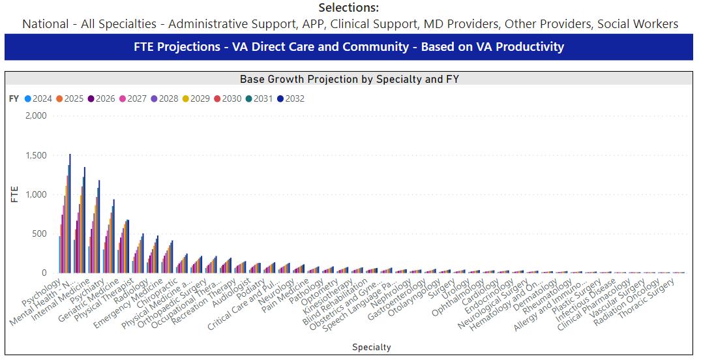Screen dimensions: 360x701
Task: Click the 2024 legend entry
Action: (x=38, y=99)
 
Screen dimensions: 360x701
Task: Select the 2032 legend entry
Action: (x=290, y=99)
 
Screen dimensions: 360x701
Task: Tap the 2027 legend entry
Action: (x=133, y=99)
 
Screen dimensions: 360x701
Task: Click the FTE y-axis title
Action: (x=14, y=194)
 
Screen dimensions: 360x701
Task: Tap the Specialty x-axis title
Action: (x=371, y=347)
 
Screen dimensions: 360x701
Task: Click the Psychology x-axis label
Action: (x=44, y=293)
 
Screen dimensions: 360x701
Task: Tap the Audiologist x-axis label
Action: (x=233, y=293)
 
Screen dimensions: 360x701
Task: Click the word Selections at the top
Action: (x=348, y=8)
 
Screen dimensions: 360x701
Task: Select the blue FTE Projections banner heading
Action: (x=348, y=47)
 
